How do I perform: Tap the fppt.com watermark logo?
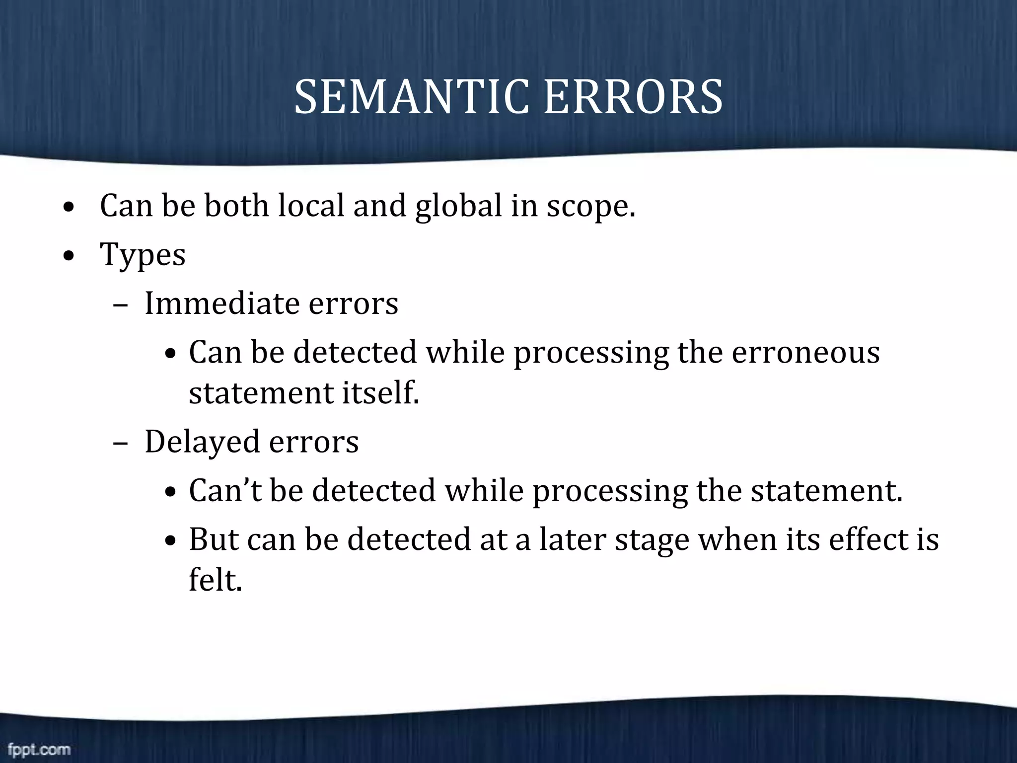point(39,749)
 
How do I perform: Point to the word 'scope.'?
point(591,206)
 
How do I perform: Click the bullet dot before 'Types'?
point(69,256)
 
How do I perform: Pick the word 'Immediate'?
point(222,303)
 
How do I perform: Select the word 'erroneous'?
point(805,352)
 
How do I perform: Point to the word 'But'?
point(214,539)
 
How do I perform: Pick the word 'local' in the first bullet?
point(311,206)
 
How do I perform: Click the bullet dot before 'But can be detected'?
point(171,541)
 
